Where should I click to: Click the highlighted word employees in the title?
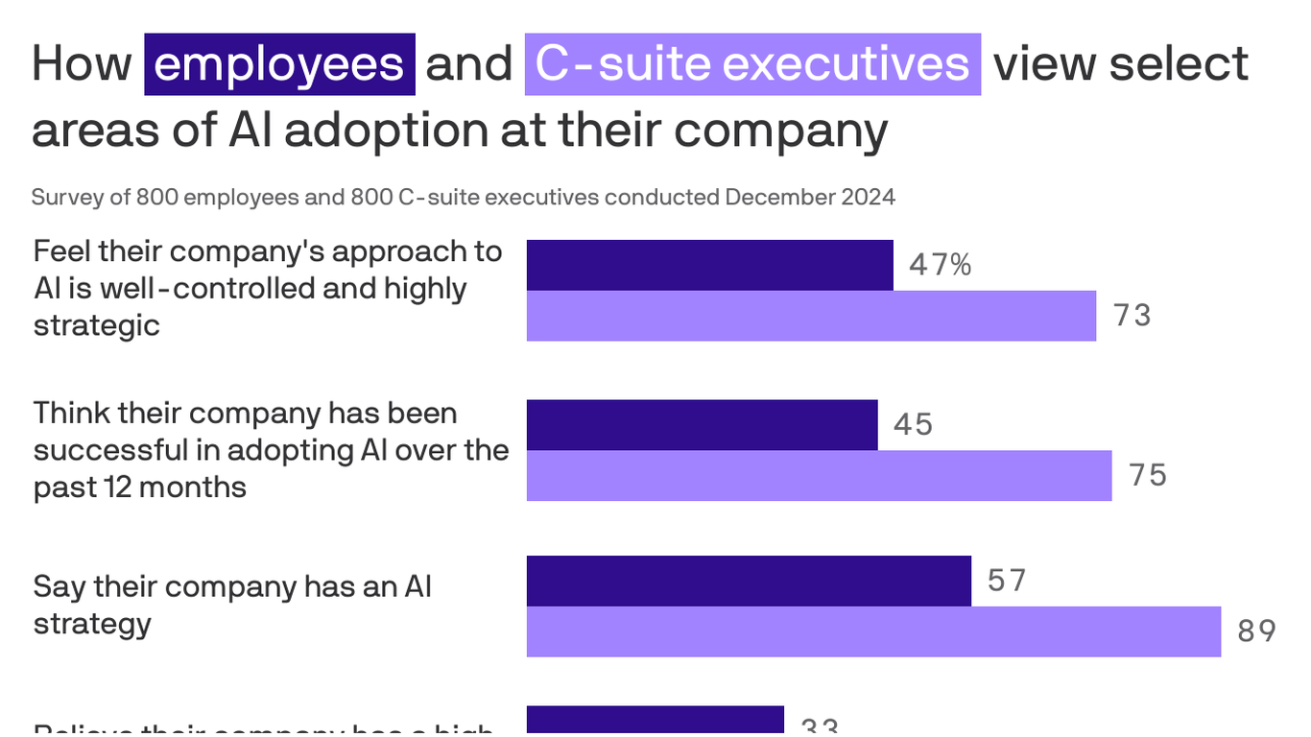[x=279, y=64]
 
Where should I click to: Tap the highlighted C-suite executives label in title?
[x=752, y=64]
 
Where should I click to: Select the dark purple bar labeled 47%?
[x=709, y=265]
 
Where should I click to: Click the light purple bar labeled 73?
[x=811, y=316]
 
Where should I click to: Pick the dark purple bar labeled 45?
[x=702, y=425]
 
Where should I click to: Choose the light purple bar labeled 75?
[x=819, y=476]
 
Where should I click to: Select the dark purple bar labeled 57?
[x=749, y=581]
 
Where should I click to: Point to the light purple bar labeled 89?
[x=873, y=631]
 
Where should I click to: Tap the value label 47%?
[x=941, y=265]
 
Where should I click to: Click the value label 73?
[x=1132, y=316]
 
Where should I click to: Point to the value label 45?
[x=913, y=425]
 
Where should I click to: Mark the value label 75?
[x=1148, y=476]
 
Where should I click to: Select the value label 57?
[x=1007, y=581]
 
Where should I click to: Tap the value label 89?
[x=1256, y=631]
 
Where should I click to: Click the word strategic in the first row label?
[x=96, y=325]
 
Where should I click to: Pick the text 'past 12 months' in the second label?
[x=139, y=487]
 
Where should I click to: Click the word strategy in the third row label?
[x=92, y=624]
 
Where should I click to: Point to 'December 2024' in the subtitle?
[x=809, y=198]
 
